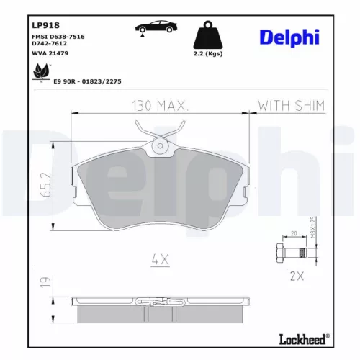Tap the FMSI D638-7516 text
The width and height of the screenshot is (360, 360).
(x=55, y=37)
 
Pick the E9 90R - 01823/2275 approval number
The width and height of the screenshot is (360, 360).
(x=87, y=81)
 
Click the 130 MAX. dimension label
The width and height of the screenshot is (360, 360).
(x=160, y=106)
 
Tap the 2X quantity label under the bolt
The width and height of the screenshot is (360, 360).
(x=294, y=274)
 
